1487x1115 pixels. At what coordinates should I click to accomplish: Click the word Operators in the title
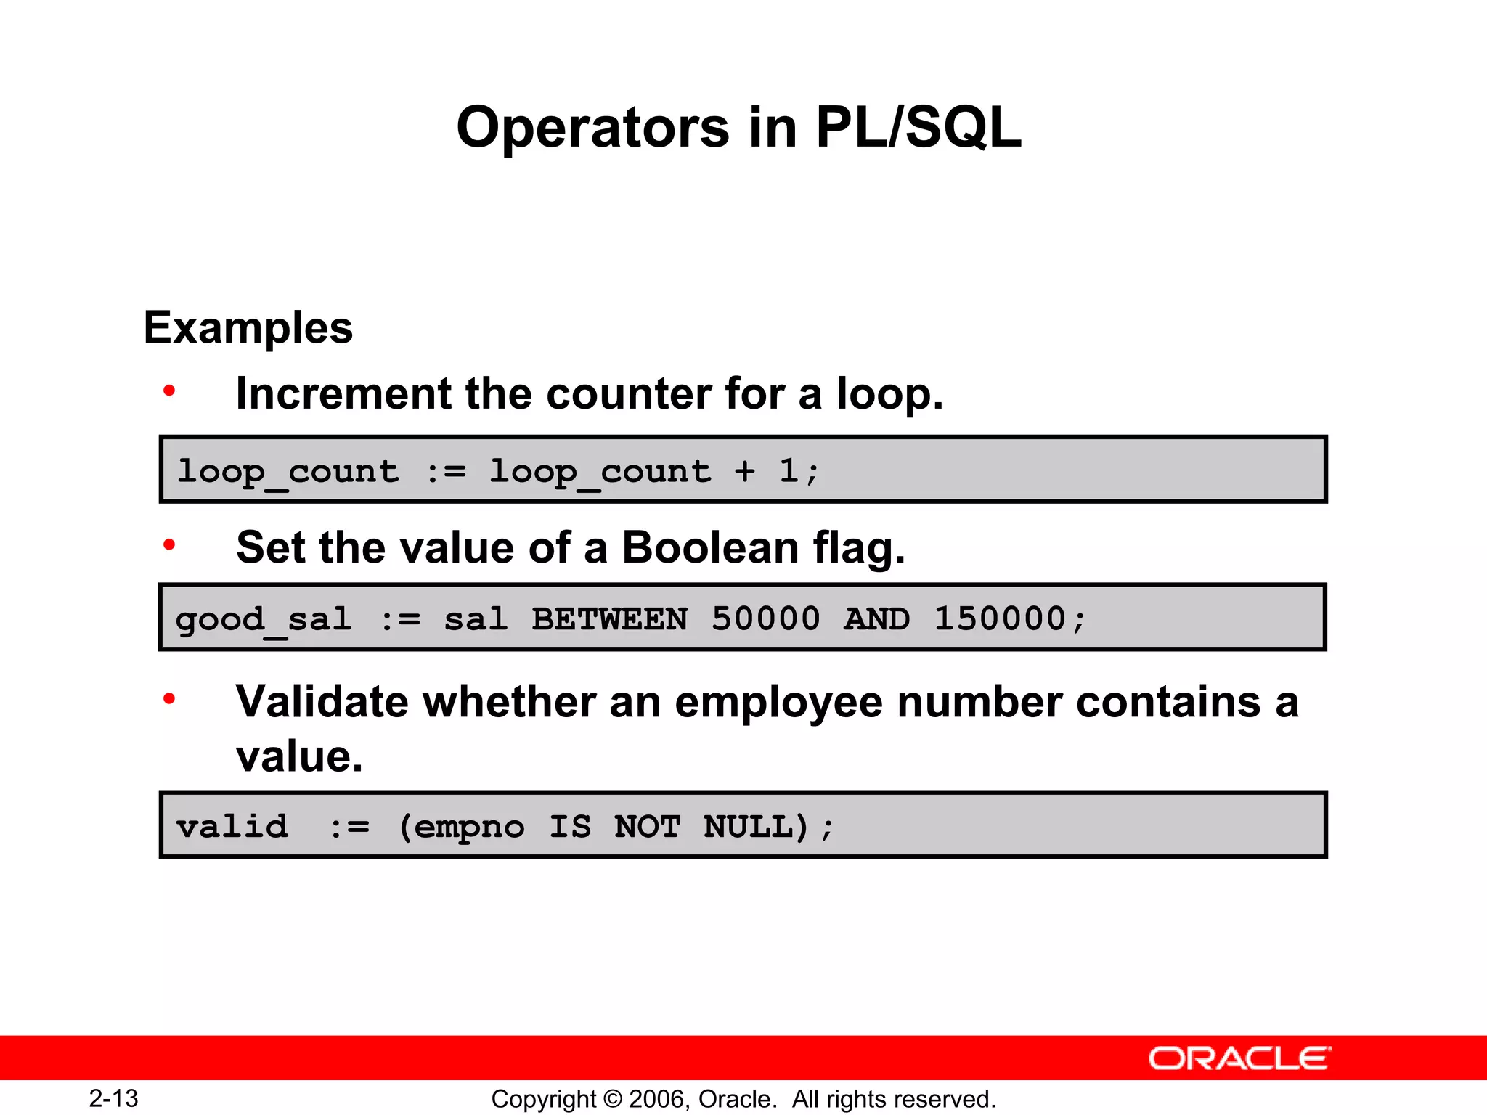click(592, 128)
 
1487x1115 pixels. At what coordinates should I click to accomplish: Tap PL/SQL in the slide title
click(918, 128)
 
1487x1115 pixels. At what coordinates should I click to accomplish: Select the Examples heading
click(248, 328)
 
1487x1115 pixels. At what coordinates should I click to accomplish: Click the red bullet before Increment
click(169, 391)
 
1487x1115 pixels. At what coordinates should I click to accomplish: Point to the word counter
click(629, 394)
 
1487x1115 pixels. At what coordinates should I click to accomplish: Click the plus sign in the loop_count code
click(744, 471)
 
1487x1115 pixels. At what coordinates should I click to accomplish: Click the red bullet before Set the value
click(169, 544)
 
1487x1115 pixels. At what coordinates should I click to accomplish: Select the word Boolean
click(710, 547)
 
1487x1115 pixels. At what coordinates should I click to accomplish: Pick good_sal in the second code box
click(264, 620)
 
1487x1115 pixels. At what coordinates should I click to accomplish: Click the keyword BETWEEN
click(609, 619)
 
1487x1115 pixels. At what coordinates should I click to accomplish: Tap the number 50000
click(765, 619)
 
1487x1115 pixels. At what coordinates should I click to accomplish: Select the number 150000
click(999, 619)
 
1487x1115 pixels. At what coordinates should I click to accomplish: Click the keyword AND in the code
click(876, 619)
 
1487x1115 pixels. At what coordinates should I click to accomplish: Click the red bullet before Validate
click(169, 699)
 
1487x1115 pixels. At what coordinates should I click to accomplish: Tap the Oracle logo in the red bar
click(1239, 1058)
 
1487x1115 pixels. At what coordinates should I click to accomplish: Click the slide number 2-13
click(113, 1098)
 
